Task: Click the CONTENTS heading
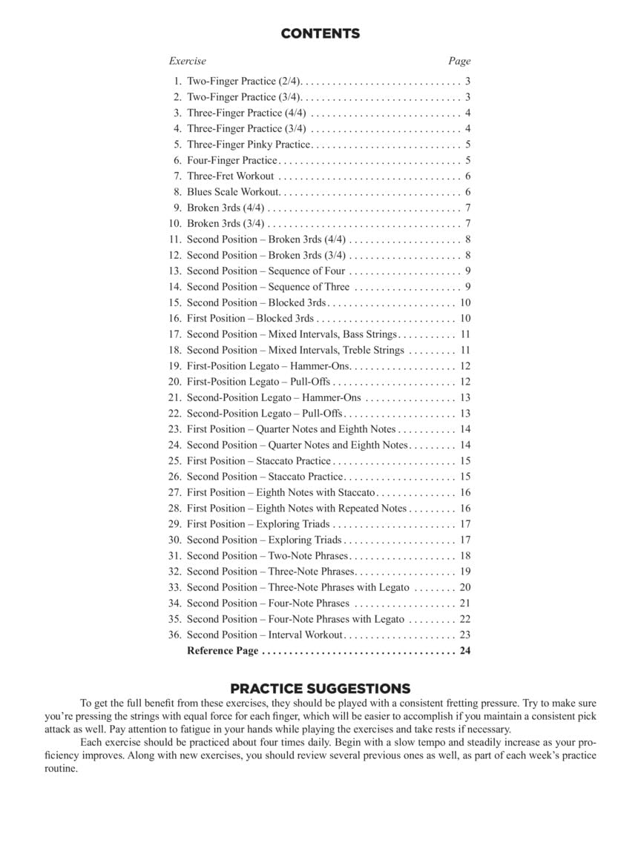coord(320,33)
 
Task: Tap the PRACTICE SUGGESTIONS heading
coord(320,689)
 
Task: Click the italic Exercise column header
coord(187,61)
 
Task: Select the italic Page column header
coord(459,61)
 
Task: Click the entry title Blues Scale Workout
coord(233,192)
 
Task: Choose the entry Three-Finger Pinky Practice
coord(249,145)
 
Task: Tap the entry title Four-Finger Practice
coord(231,160)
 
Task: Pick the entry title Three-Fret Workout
coord(230,176)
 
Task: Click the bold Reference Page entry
coord(223,651)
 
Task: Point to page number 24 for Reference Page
coord(465,651)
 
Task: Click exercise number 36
coord(175,635)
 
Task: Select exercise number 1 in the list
coord(178,82)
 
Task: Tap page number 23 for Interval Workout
coord(465,635)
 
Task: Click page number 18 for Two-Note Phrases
coord(465,556)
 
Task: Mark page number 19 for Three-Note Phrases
coord(465,572)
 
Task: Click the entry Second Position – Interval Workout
coord(264,635)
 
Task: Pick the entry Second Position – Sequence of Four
coord(266,271)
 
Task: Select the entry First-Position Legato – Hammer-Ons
coord(269,366)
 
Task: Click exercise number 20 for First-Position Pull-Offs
coord(175,382)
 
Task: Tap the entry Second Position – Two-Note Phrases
coord(267,556)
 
